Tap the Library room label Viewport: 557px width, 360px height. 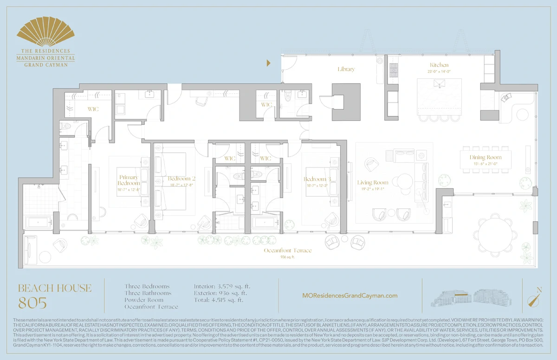346,69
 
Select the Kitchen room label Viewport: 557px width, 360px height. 439,65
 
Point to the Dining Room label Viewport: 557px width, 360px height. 486,157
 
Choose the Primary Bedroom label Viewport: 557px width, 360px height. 129,180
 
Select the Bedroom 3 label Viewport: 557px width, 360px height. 317,179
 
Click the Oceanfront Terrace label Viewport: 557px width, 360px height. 287,251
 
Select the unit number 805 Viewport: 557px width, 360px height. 32,303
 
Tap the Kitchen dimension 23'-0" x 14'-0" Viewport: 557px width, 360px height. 439,72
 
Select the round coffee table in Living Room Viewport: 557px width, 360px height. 405,180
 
